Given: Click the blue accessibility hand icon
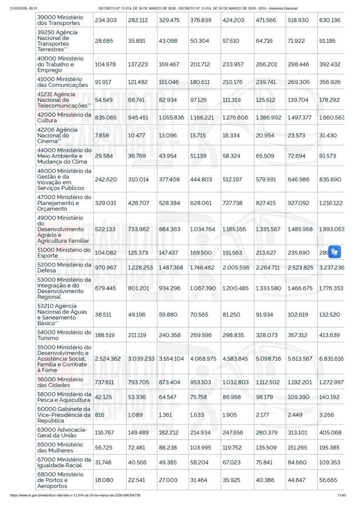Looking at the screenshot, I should pyautogui.click(x=334, y=252).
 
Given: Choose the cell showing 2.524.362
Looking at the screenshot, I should pyautogui.click(x=108, y=358).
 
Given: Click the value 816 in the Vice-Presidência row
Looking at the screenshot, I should pyautogui.click(x=99, y=415).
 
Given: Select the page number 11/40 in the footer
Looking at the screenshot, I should pyautogui.click(x=342, y=496).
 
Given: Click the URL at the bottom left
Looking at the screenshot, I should pyautogui.click(x=75, y=496).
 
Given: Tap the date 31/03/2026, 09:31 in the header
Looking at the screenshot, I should pyautogui.click(x=24, y=8).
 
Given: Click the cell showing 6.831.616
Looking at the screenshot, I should pyautogui.click(x=331, y=358).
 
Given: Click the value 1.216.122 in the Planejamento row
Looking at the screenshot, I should pyautogui.click(x=331, y=203).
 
